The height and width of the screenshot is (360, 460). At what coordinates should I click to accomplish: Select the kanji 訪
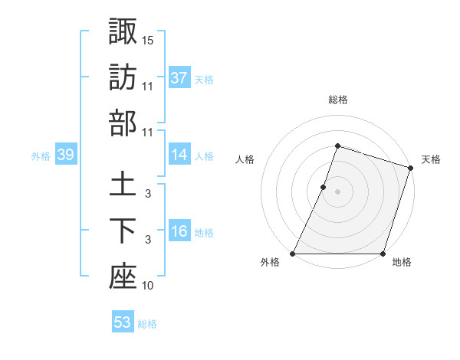123,77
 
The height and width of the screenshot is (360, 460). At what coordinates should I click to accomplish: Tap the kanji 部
123,123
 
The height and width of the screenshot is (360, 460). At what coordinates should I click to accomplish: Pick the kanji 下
123,231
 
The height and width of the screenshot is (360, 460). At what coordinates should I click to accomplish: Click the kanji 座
123,277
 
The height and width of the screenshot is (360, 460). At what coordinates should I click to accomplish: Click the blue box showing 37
179,77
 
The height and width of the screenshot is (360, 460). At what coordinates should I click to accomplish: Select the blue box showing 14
179,155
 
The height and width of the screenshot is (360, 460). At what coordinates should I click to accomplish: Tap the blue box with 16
179,231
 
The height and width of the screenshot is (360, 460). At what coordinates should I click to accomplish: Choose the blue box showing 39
65,155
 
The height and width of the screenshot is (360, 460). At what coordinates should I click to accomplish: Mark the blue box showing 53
123,322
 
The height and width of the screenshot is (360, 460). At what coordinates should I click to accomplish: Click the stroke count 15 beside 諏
148,39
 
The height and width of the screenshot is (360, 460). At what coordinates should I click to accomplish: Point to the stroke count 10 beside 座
148,286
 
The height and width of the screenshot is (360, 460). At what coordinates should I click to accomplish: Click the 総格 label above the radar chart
337,100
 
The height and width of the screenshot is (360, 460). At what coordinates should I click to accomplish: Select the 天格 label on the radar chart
431,159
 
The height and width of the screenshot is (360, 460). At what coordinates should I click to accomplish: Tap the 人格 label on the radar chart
245,159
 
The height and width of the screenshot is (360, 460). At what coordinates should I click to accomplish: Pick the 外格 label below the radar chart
269,263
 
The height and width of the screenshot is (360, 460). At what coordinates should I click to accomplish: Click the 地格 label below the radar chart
402,263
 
